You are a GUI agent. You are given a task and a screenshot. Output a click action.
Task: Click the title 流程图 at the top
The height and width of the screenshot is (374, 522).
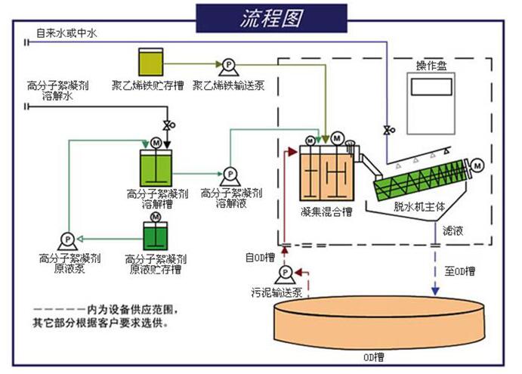261,18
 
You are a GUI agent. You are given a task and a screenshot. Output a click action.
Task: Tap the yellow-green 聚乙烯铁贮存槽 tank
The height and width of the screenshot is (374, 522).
150,61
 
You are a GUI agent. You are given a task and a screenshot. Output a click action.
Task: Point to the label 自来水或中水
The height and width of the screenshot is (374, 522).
66,33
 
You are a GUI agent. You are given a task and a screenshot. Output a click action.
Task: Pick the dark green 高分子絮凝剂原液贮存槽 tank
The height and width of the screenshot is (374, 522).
156,236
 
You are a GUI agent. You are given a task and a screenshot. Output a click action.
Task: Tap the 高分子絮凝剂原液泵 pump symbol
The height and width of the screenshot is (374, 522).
67,239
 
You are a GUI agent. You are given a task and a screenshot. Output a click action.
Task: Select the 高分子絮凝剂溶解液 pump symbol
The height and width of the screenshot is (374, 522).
227,173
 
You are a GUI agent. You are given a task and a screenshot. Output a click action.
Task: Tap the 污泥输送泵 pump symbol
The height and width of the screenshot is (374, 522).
286,273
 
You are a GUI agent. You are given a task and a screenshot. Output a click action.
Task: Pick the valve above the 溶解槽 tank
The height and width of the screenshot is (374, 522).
168,124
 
